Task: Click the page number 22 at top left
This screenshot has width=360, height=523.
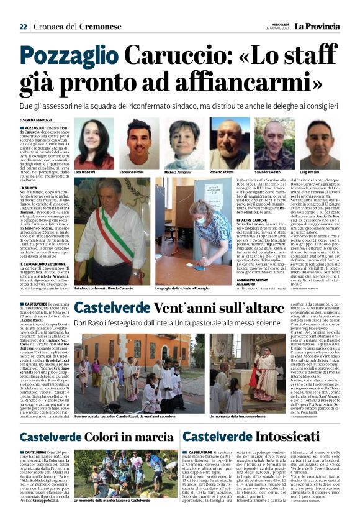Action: [x=23, y=27]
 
